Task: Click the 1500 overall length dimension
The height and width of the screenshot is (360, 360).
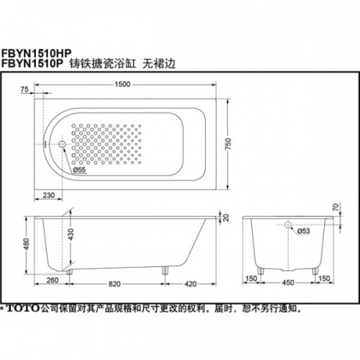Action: (122, 84)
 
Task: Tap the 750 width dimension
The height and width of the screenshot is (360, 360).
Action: (228, 143)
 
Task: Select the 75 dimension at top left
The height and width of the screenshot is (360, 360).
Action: (24, 89)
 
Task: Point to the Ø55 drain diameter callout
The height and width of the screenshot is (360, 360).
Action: (79, 170)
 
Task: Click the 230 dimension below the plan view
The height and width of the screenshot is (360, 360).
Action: (49, 195)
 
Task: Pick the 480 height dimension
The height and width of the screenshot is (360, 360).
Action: (26, 244)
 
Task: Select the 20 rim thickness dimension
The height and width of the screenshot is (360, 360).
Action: (226, 217)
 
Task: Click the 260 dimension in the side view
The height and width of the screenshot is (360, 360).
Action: (53, 280)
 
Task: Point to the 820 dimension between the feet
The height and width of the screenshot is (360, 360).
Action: (114, 284)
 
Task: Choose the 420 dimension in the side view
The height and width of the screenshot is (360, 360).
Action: (190, 284)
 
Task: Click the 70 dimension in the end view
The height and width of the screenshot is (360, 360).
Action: (336, 207)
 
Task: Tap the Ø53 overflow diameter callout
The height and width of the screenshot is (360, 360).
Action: (303, 231)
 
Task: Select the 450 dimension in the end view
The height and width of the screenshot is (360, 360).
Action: (288, 282)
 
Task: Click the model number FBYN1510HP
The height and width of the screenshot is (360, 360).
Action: (37, 53)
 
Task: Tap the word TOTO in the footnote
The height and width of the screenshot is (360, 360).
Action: (22, 308)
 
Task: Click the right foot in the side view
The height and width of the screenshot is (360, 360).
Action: (166, 270)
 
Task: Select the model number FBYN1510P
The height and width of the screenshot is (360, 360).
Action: (32, 63)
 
